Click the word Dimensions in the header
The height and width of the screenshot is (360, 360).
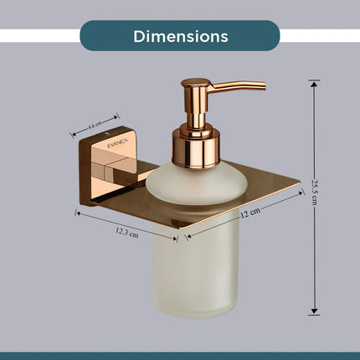point(180,36)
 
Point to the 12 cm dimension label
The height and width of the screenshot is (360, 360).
point(249,213)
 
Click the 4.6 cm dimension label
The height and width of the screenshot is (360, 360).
point(94,127)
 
